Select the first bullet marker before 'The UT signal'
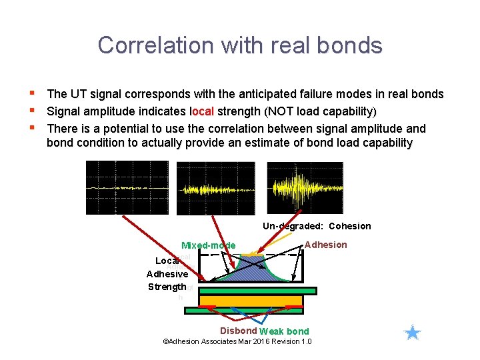[32, 93]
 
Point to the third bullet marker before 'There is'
[32, 127]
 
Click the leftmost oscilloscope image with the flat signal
[128, 188]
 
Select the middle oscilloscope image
[218, 188]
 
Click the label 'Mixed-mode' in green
[209, 245]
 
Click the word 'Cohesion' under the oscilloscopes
[350, 226]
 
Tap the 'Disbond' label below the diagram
[239, 331]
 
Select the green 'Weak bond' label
[284, 331]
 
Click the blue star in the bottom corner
[413, 333]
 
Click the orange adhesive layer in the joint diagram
[251, 301]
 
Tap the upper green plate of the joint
[257, 291]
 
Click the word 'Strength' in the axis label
[167, 287]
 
